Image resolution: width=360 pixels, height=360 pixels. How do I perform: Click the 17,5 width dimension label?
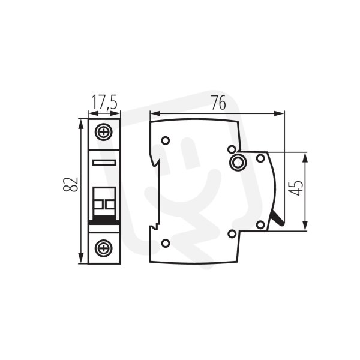coord(104,102)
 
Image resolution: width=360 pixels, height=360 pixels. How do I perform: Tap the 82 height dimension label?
coord(70,184)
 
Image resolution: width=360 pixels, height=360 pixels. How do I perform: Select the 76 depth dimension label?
coord(218,103)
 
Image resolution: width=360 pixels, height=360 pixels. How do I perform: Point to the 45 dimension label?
coord(295,188)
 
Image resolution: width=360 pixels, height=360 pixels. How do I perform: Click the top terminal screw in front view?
coord(104,132)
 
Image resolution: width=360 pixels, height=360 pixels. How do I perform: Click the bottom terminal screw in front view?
coord(104,247)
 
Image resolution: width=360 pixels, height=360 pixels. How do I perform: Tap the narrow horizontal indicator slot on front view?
coord(104,163)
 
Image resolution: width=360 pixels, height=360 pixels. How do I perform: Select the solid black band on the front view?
coord(104,221)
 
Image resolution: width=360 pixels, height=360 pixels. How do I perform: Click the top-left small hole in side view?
coord(166,140)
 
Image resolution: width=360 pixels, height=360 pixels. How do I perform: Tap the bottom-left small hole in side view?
coord(166,243)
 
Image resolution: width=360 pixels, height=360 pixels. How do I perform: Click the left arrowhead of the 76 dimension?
coord(155,113)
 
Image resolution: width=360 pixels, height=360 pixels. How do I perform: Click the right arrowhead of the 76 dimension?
coord(279,113)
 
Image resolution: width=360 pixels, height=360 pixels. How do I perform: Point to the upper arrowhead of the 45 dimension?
coord(305,157)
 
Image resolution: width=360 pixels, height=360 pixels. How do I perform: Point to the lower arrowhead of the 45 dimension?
coord(305,226)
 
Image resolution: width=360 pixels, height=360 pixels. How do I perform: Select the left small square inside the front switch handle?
coord(98,204)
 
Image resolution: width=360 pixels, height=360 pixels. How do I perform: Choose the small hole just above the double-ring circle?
coord(232,149)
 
